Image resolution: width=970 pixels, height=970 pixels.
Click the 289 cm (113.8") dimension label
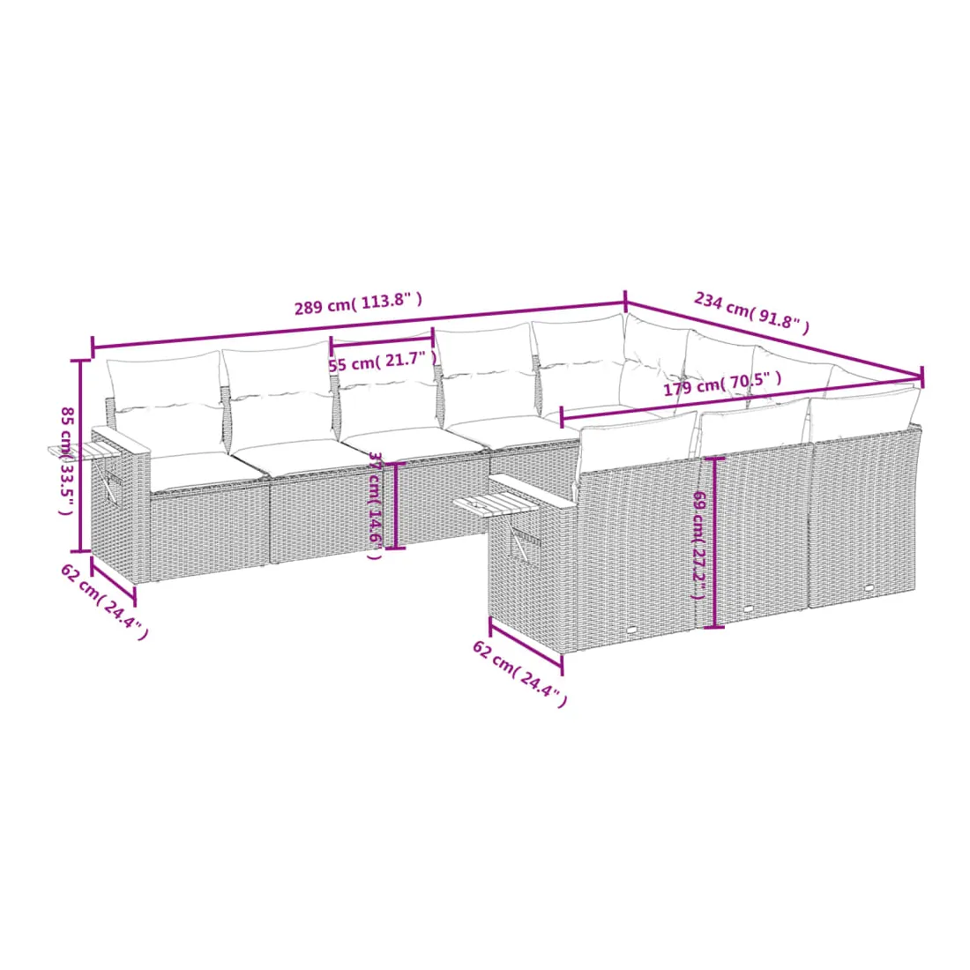click(358, 303)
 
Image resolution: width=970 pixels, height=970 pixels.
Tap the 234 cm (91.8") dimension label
click(751, 312)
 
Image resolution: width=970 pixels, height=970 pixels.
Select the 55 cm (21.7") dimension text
click(383, 362)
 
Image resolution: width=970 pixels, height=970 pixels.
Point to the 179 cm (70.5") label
click(722, 384)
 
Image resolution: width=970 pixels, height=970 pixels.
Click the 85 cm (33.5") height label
click(66, 460)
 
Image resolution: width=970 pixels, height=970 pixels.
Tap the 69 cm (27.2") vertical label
click(699, 545)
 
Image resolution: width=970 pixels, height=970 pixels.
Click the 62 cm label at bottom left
click(104, 601)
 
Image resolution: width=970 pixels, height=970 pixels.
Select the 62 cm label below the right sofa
click(519, 673)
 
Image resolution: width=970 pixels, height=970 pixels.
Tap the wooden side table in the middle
click(496, 503)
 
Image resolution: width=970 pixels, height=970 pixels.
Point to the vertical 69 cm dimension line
click(715, 542)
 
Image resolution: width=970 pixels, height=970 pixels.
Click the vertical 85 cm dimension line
click(79, 455)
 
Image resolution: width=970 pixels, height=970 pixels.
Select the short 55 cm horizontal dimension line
click(382, 339)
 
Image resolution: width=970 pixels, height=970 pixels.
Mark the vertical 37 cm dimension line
click(396, 505)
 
